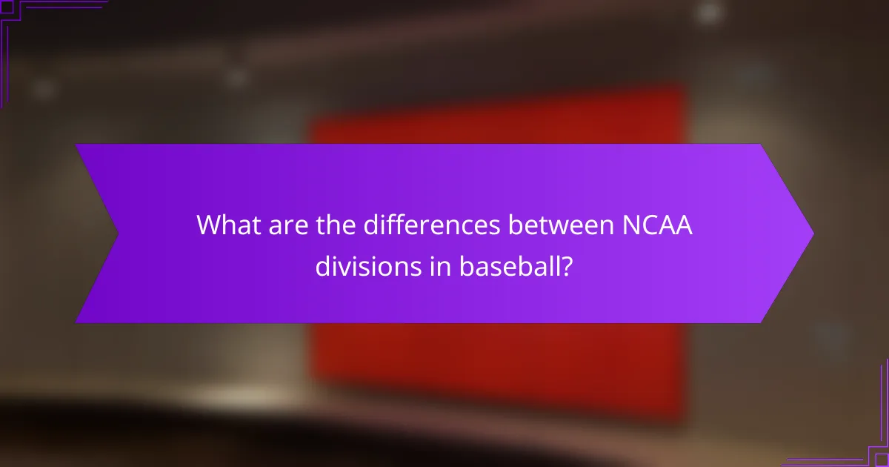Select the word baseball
[506, 265]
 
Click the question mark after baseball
[567, 265]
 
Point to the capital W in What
[208, 225]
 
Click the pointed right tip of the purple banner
[812, 233]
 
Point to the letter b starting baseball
[465, 265]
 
